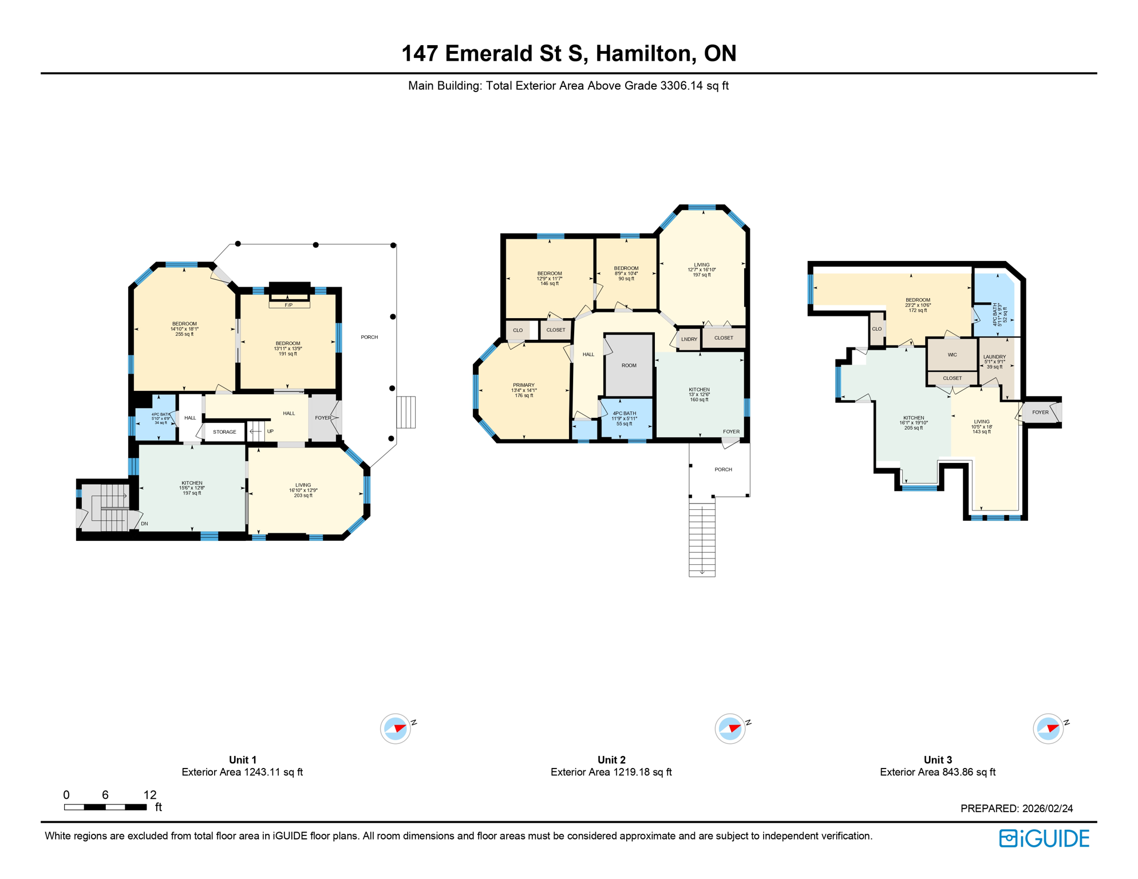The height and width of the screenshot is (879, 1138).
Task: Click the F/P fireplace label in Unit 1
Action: tap(289, 305)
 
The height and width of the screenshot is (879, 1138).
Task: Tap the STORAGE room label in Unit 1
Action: tap(224, 432)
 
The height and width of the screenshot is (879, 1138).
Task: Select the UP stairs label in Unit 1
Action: tap(270, 431)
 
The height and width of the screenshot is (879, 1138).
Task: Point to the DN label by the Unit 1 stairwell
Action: tap(144, 524)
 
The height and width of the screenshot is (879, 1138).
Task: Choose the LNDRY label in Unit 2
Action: tap(689, 339)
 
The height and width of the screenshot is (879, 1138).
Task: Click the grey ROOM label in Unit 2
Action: tap(629, 365)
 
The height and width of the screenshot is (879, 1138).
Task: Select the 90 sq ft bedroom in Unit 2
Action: tap(626, 273)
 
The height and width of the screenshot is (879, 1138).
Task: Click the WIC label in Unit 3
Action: tap(952, 355)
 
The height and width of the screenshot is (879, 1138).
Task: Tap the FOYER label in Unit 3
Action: tap(1040, 412)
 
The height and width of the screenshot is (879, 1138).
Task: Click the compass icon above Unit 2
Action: tap(730, 728)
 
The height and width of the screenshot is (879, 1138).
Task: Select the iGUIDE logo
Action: tap(1044, 838)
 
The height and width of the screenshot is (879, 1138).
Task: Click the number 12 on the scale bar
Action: tap(150, 795)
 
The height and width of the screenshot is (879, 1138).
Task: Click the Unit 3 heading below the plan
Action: tap(938, 760)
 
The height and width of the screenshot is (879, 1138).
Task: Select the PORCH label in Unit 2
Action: tap(723, 469)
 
